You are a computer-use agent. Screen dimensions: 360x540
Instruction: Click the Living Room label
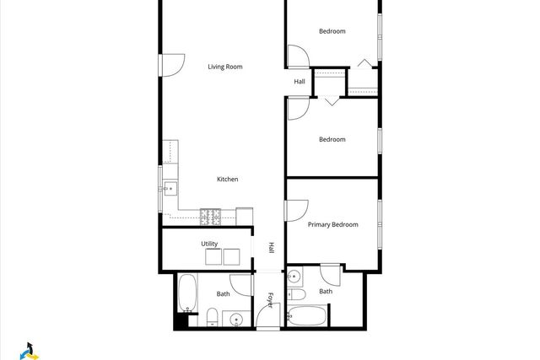pos(225,66)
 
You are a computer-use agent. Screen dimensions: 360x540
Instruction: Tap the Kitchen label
pos(227,179)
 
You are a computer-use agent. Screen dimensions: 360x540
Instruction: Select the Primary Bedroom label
pos(332,224)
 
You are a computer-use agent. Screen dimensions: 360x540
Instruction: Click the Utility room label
pos(209,244)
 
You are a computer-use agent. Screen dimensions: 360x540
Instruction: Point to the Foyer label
pos(271,298)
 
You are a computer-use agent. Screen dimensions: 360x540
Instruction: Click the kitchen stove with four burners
pos(210,218)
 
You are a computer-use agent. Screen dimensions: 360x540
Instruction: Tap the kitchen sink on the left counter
pos(170,187)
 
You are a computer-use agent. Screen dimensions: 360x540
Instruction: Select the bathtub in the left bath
pos(186,293)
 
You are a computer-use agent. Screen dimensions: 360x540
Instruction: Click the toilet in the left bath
pos(213,318)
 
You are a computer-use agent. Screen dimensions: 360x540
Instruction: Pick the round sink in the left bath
pos(236,319)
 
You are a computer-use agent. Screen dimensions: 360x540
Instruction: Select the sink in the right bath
pos(293,276)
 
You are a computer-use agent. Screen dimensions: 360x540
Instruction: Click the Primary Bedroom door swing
pos(297,212)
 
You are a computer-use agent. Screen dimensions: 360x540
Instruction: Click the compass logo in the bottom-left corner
pos(30,350)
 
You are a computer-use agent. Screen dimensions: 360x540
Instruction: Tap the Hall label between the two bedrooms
pos(300,82)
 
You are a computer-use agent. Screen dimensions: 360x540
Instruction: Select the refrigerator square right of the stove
pos(245,216)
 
